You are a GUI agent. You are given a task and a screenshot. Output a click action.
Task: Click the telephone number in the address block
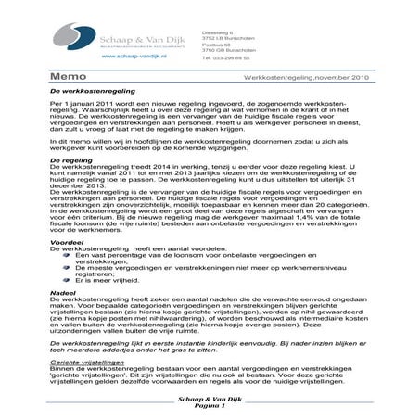[x=225, y=57]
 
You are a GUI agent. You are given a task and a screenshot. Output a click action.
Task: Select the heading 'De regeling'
[x=70, y=159]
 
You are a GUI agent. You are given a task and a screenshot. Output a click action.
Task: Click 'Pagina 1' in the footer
[x=210, y=407]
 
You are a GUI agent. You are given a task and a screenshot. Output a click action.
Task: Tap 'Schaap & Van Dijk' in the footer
[x=210, y=400]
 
